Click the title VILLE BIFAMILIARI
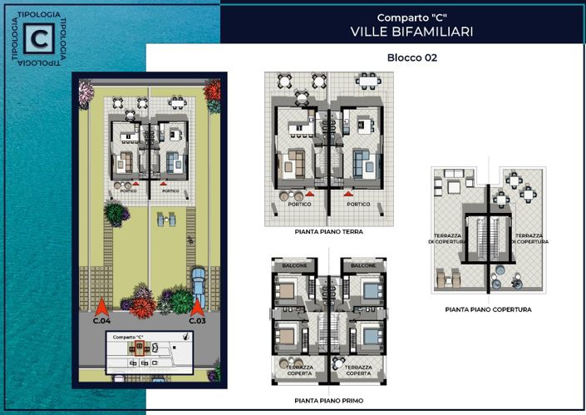click(x=411, y=32)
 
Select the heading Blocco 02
click(x=411, y=58)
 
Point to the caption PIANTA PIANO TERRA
click(x=328, y=232)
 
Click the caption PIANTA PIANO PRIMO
click(x=327, y=399)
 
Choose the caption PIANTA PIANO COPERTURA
click(x=488, y=309)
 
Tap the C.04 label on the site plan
click(x=101, y=320)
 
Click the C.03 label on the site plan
click(x=197, y=320)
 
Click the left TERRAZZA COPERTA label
click(x=300, y=370)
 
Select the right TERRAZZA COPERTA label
click(x=357, y=370)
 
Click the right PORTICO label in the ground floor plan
click(x=358, y=204)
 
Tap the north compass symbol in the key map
click(x=187, y=338)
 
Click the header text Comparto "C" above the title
click(x=411, y=17)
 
